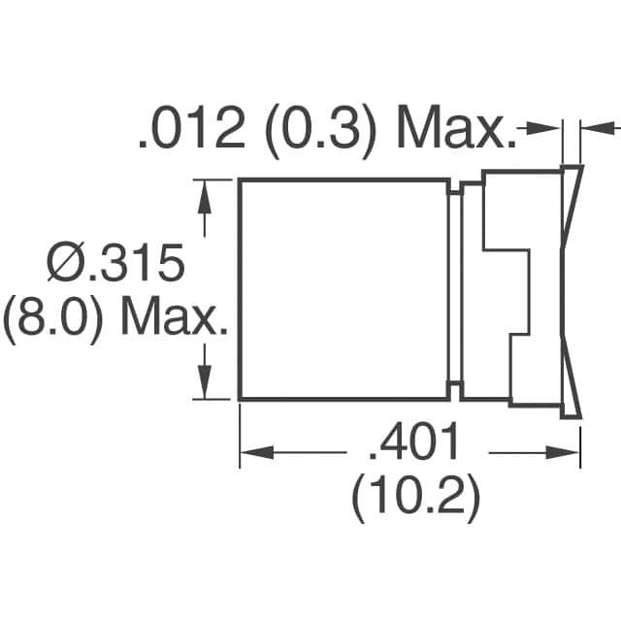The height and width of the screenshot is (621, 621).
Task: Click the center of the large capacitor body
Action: pos(343,289)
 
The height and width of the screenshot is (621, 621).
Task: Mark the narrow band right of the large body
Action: pos(455,289)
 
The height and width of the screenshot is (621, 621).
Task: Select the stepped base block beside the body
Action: pos(509,289)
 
